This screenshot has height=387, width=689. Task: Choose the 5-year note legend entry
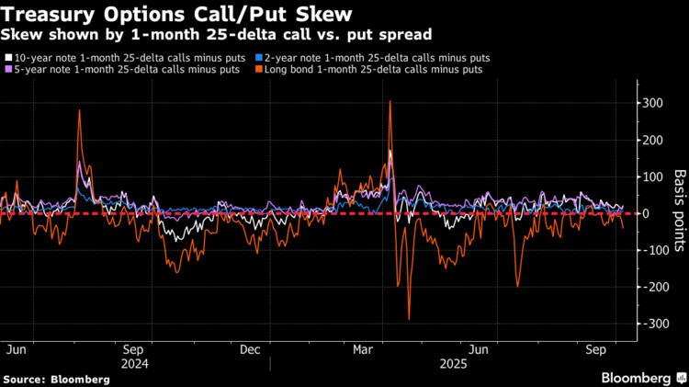(x=129, y=69)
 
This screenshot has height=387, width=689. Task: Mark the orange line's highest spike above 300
(x=390, y=101)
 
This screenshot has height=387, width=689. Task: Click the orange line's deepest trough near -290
(x=409, y=319)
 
